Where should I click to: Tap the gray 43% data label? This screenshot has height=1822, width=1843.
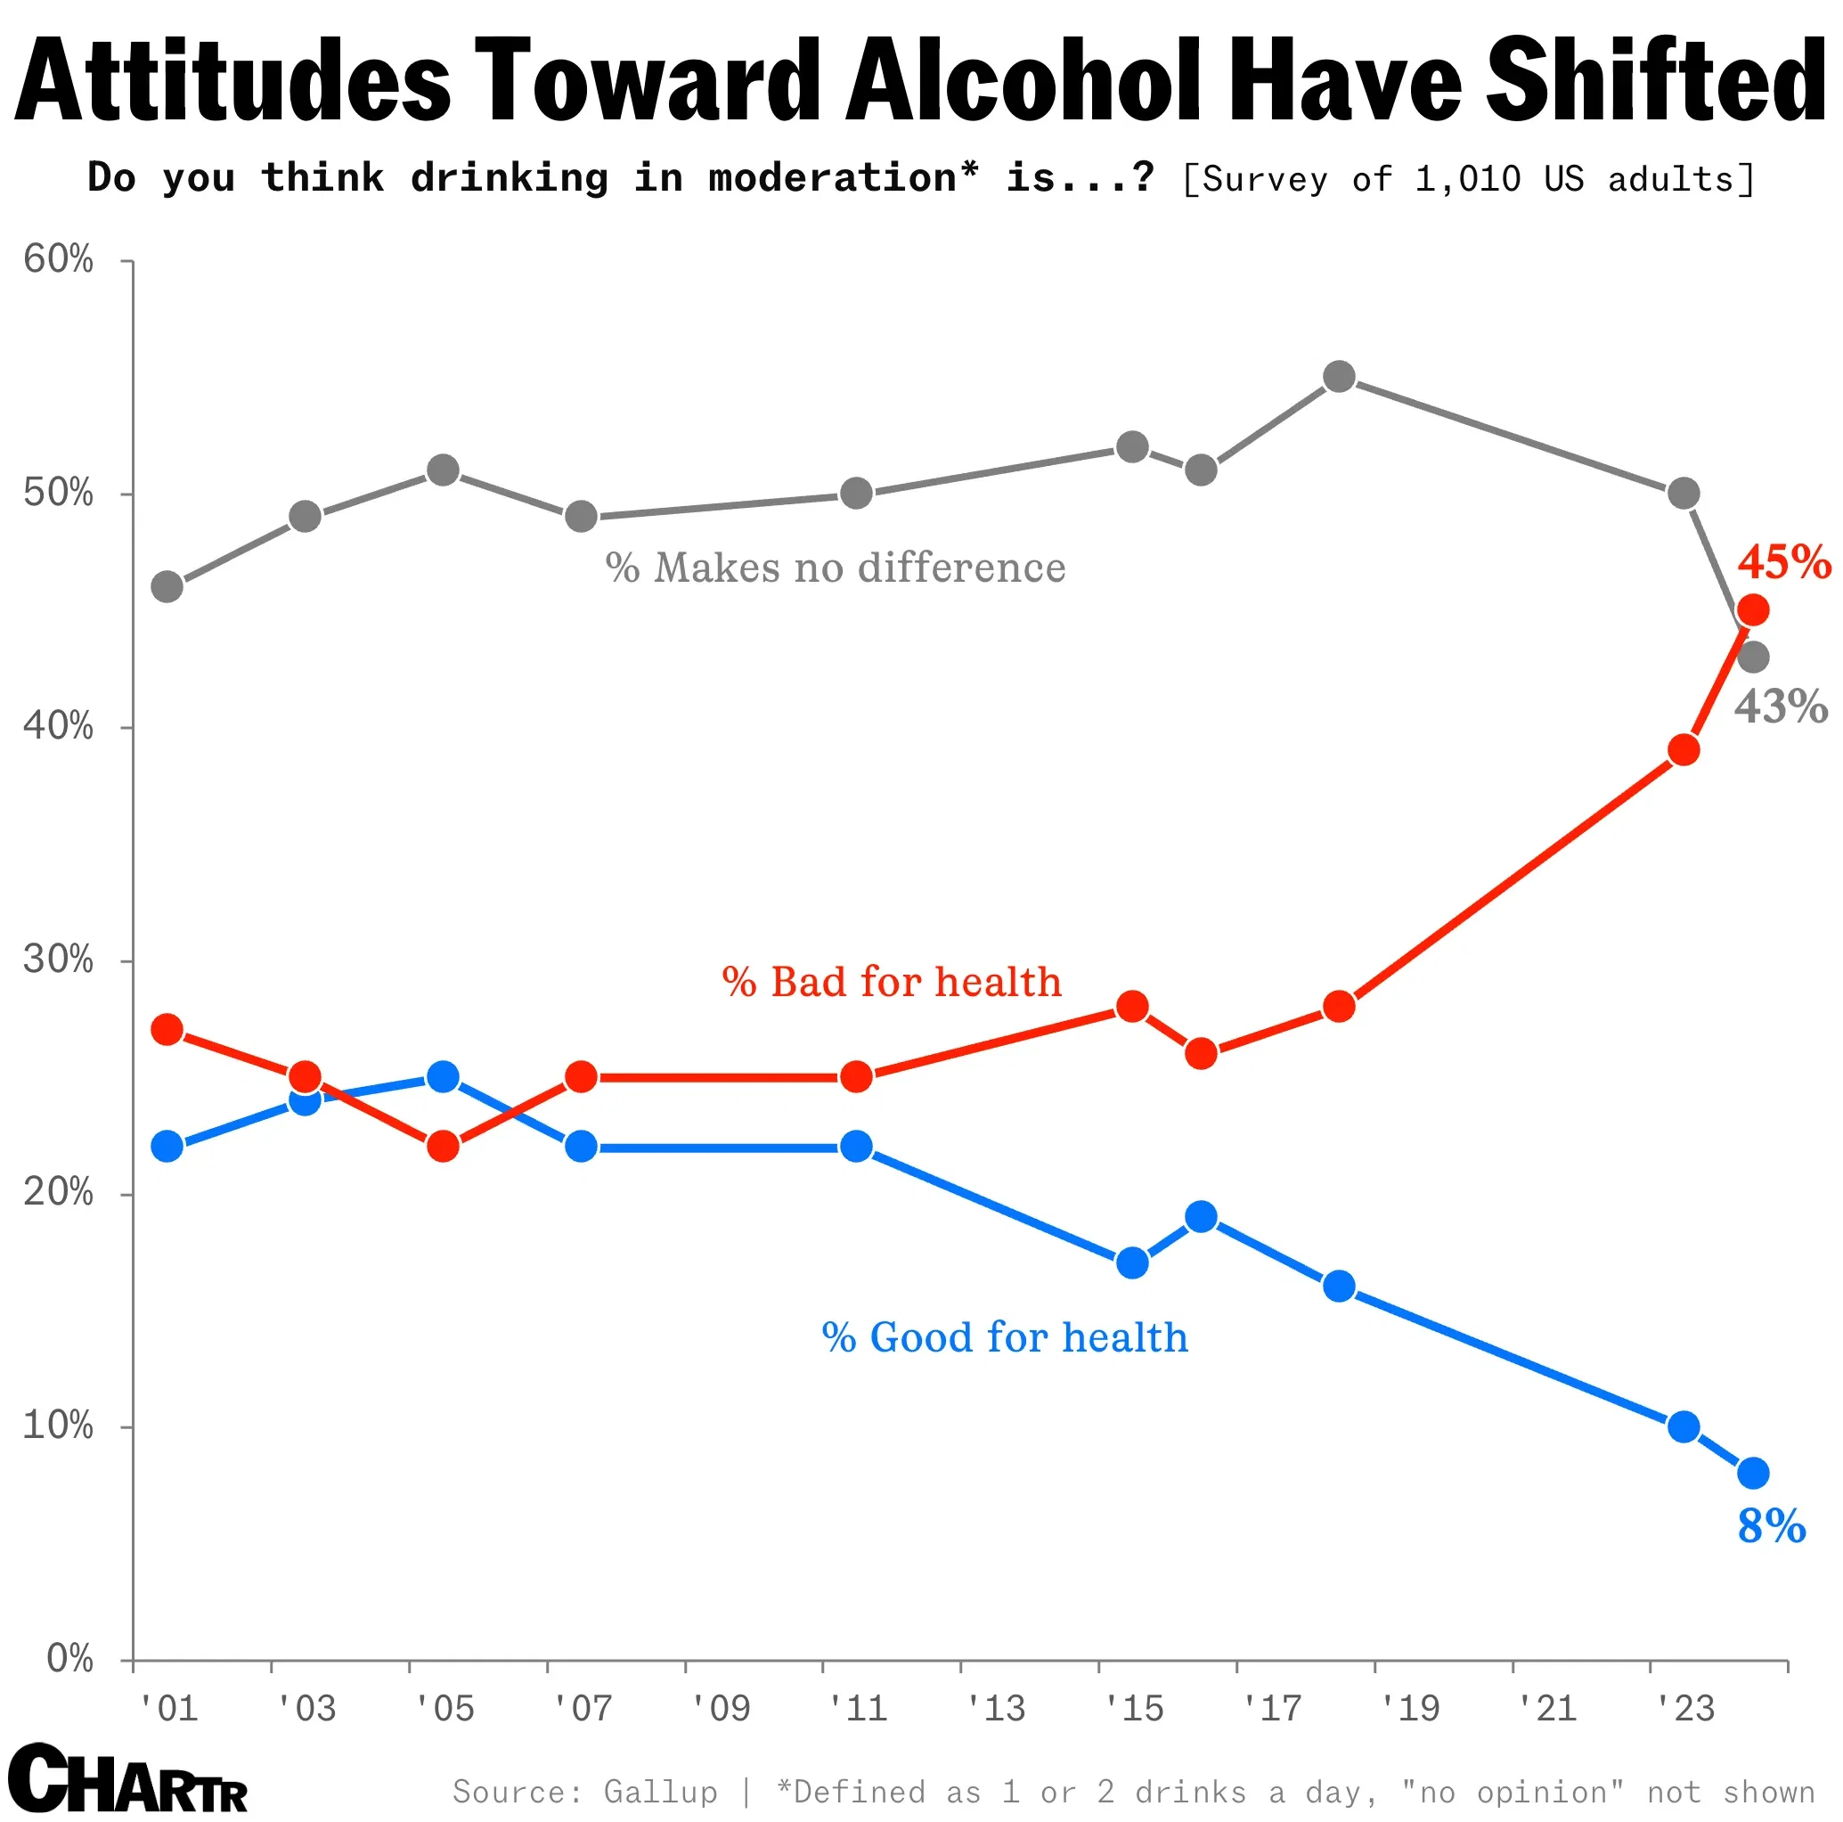point(1780,707)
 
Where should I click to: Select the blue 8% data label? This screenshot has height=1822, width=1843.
point(1771,1525)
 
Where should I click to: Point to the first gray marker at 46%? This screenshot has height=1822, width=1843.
point(167,586)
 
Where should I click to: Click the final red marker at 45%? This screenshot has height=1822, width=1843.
point(1753,609)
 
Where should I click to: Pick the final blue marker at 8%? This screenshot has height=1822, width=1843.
point(1753,1473)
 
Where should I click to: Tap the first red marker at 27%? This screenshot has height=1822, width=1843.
point(167,1030)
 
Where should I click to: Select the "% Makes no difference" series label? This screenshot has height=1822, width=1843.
point(835,568)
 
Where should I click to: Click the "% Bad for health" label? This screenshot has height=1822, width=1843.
point(891,982)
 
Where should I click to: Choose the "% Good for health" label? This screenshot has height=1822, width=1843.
point(1005,1336)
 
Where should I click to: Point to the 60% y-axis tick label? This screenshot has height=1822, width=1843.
point(59,259)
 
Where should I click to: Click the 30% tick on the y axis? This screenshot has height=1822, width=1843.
point(59,959)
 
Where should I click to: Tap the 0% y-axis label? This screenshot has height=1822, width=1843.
point(69,1659)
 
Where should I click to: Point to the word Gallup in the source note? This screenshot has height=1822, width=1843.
point(660,1792)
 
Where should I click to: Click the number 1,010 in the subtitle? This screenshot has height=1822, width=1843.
point(1467,179)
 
